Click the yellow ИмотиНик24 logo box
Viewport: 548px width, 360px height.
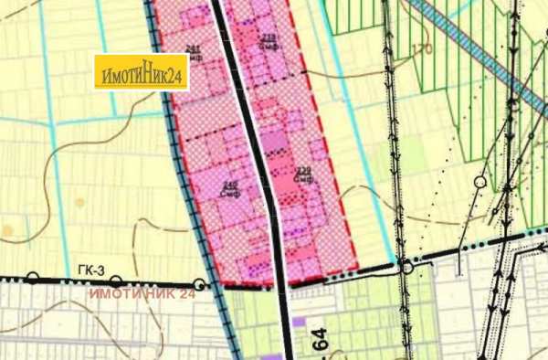142,72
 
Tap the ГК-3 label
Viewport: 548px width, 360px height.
87,269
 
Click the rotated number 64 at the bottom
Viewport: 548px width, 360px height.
319,344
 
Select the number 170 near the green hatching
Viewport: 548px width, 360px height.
421,48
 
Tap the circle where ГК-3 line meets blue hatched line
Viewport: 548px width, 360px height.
199,284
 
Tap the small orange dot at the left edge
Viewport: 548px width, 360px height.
8,229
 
